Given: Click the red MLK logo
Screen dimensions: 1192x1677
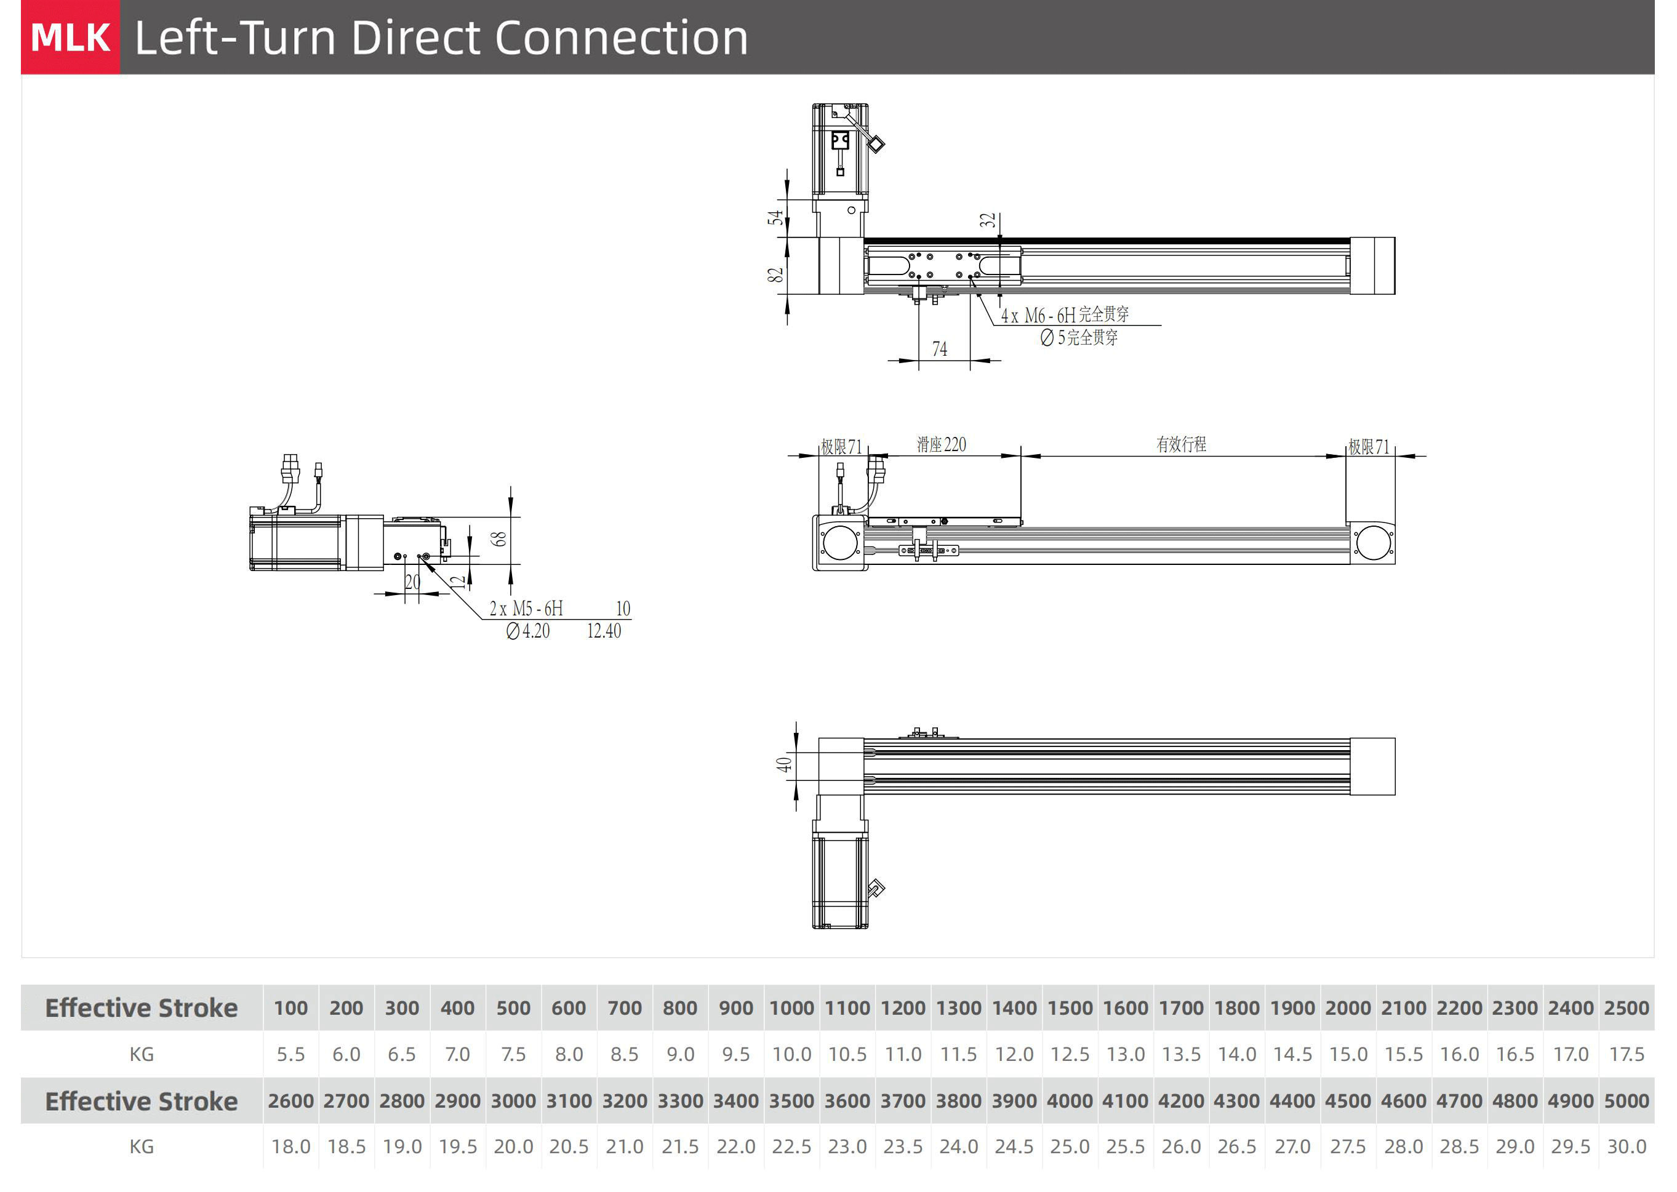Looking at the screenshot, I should pyautogui.click(x=70, y=38).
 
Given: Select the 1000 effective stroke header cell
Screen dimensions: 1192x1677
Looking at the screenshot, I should pyautogui.click(x=791, y=1008).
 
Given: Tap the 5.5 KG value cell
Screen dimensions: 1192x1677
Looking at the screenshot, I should pyautogui.click(x=290, y=1054).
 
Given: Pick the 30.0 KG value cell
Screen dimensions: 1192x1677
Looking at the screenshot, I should pyautogui.click(x=1627, y=1146).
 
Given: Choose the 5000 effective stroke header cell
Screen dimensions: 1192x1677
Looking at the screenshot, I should pyautogui.click(x=1627, y=1101).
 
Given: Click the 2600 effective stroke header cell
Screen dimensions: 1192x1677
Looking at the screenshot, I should pyautogui.click(x=290, y=1101).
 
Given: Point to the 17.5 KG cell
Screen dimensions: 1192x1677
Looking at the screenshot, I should pyautogui.click(x=1627, y=1054).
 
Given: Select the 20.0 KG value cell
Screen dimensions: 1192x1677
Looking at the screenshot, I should pyautogui.click(x=513, y=1146).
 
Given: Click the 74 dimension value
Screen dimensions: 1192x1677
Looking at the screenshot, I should pyautogui.click(x=939, y=350).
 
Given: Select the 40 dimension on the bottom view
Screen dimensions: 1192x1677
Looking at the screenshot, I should pyautogui.click(x=784, y=764).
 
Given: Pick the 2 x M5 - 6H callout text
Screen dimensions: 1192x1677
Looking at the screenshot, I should pyautogui.click(x=526, y=609).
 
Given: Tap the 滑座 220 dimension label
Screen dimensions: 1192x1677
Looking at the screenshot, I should pyautogui.click(x=942, y=445).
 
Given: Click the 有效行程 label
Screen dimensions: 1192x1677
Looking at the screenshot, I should pyautogui.click(x=1181, y=444).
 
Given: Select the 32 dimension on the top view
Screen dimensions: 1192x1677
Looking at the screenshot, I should pyautogui.click(x=988, y=220).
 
